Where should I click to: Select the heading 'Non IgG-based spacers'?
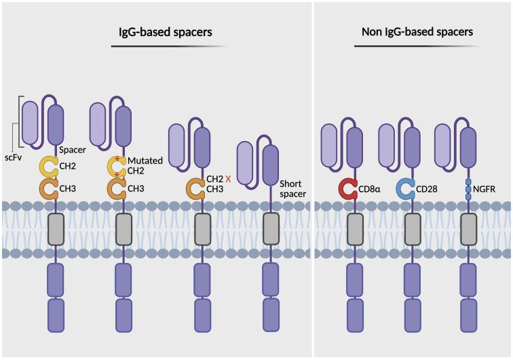413,31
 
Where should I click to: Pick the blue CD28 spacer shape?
406,187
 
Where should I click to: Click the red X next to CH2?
229,179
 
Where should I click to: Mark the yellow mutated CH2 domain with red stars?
117,166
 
